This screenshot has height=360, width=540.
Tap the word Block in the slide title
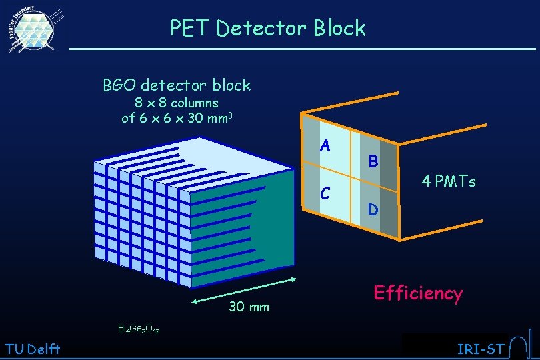coord(340,29)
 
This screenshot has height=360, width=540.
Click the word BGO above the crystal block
coord(119,85)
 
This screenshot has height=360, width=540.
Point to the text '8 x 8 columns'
coord(177,103)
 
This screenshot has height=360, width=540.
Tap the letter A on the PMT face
coord(325,145)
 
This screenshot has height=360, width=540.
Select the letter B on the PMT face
coord(373,161)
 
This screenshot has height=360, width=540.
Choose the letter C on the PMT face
coord(325,193)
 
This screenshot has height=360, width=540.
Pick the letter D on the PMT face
coord(373,210)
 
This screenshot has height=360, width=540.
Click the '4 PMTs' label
coord(448,181)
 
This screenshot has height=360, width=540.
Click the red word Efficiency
coord(418,293)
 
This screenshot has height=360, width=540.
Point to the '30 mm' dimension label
coord(249,307)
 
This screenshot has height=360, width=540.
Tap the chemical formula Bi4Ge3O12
coord(139,329)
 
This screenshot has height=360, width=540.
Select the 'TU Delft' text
coord(32,349)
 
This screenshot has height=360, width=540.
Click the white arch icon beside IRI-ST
coord(517,347)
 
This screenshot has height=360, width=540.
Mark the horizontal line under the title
coord(303,49)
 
